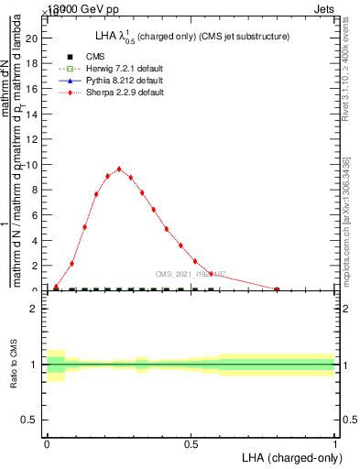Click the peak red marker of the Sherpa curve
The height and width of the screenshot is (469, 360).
(119, 169)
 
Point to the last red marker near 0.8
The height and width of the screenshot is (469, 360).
(278, 289)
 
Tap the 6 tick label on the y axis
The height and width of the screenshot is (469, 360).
(36, 215)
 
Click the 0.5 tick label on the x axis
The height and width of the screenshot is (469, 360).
(191, 442)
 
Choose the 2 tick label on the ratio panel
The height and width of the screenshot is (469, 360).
(36, 310)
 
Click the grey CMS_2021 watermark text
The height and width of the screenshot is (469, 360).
(190, 274)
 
